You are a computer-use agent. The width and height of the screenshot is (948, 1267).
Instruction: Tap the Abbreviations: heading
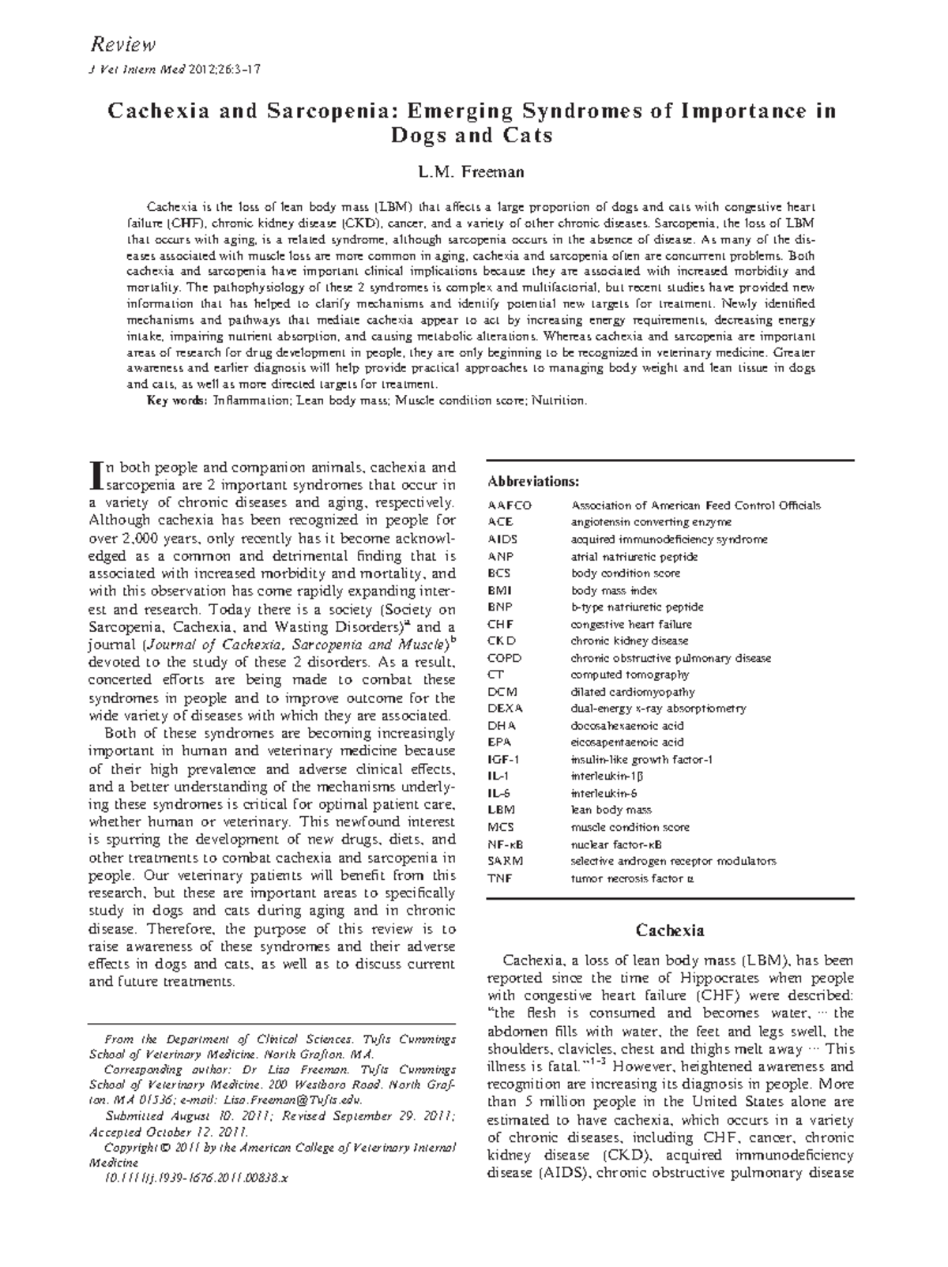533,481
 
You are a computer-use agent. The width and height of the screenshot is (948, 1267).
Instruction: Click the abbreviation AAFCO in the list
510,506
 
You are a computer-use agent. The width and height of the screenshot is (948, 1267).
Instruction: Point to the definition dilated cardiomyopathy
633,692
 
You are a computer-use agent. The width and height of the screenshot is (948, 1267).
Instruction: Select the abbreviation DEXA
505,709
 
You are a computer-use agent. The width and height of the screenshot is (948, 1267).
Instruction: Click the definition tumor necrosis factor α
632,878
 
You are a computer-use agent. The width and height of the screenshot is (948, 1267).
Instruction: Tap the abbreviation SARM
505,861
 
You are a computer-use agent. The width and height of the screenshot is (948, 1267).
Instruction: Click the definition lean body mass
611,810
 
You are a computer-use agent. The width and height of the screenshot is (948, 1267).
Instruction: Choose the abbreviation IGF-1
503,760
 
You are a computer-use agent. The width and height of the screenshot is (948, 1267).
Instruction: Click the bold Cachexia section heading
670,931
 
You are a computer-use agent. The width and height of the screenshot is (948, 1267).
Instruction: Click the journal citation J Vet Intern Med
137,70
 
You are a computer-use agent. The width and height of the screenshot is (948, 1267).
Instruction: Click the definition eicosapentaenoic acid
627,743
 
